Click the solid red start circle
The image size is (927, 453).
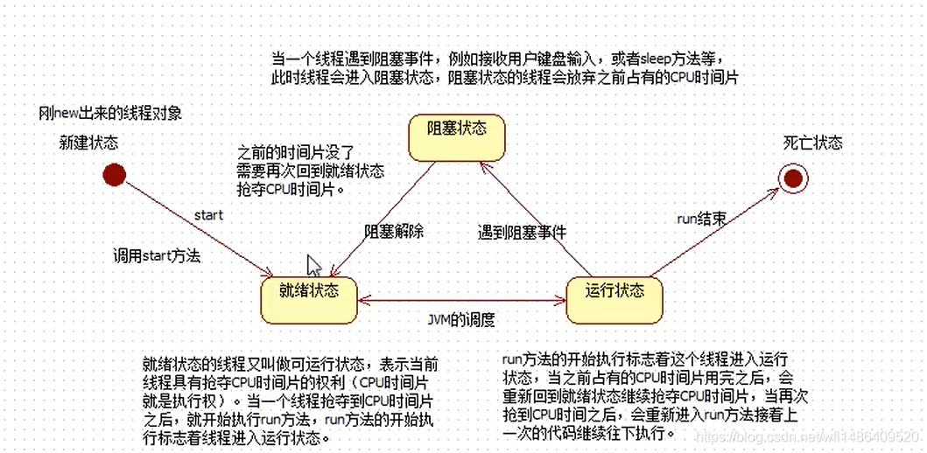point(114,175)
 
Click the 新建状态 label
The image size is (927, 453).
point(88,142)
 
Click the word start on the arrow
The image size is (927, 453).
point(208,214)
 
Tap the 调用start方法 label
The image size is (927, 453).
point(157,256)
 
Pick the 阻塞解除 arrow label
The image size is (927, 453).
point(394,232)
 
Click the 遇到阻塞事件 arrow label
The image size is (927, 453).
point(522,233)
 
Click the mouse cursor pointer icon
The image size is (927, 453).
point(313,266)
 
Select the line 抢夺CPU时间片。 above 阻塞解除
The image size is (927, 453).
point(291,189)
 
